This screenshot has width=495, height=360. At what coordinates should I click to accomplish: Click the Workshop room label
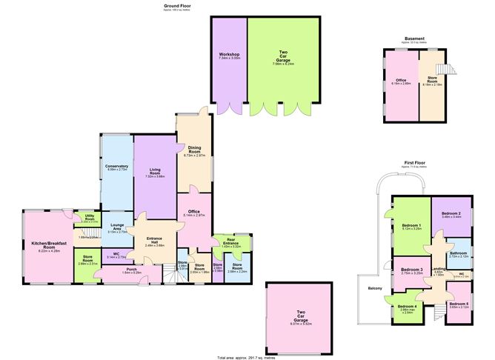tap(228, 56)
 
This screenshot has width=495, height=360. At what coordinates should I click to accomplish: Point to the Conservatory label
tap(116, 167)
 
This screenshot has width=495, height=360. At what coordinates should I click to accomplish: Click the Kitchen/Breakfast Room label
tap(48, 244)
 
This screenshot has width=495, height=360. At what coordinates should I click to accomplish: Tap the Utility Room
tap(88, 219)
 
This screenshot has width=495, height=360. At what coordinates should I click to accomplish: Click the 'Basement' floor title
tap(414, 39)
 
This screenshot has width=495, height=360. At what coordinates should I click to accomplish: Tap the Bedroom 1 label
tap(411, 226)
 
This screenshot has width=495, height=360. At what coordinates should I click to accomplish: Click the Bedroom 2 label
tap(451, 215)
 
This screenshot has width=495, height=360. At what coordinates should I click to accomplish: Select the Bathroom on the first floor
tap(457, 253)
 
